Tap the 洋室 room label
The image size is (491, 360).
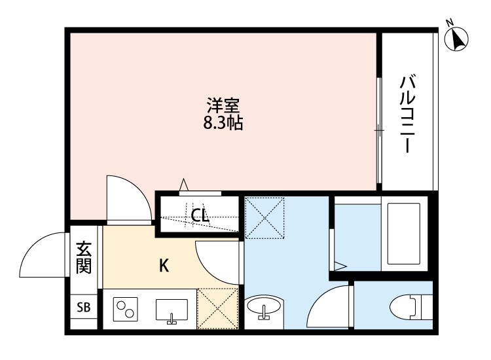(223, 105)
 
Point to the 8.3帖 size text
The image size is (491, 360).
(223, 122)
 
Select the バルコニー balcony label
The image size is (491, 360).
(409, 114)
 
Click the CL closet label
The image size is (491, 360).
(200, 214)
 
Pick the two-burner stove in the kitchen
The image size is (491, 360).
(126, 308)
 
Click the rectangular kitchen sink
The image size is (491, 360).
(172, 310)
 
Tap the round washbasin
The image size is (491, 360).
(264, 307)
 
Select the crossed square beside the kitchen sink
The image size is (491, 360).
(217, 308)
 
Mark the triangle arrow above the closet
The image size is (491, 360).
(185, 186)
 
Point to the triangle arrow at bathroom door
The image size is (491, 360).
(340, 266)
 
